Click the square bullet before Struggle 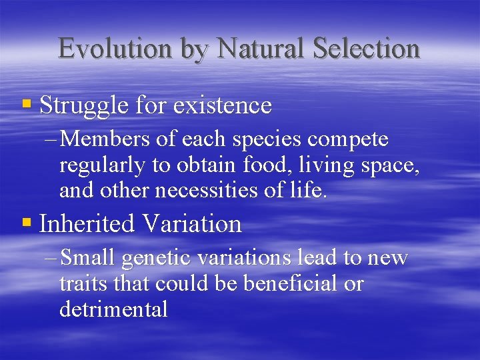27,104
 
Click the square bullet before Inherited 27,223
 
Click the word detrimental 113,309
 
